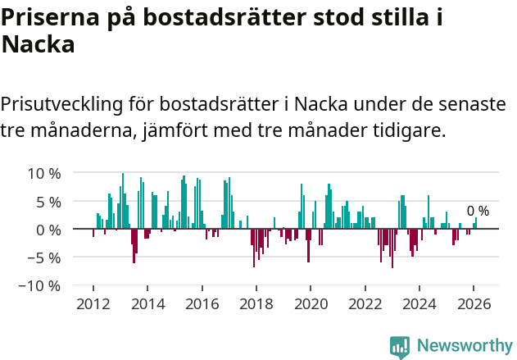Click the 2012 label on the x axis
click(93, 304)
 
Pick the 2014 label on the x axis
click(147, 304)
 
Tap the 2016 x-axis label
click(202, 304)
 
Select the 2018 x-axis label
click(256, 304)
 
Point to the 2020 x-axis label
click(311, 304)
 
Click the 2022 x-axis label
click(365, 304)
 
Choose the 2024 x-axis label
click(419, 304)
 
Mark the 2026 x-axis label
click(474, 304)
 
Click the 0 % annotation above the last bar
click(478, 212)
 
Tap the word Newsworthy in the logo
click(464, 346)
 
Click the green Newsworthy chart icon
click(400, 347)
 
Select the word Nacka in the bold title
click(39, 46)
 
